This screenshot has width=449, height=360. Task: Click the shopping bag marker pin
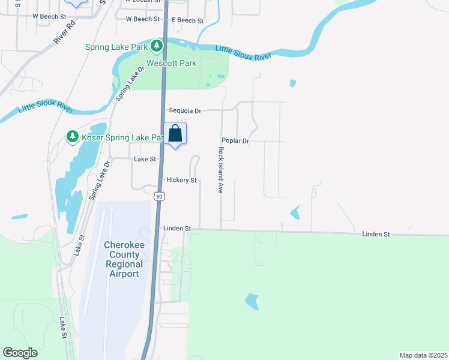(x=175, y=134)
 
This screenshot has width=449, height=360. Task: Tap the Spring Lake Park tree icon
(x=156, y=45)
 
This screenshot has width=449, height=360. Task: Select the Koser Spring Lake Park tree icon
(x=72, y=137)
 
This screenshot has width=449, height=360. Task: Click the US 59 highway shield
(x=158, y=196)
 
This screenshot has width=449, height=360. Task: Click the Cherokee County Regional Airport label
(x=124, y=259)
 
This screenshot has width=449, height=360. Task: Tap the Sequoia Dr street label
(x=184, y=111)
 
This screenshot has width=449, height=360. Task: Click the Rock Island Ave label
(x=221, y=170)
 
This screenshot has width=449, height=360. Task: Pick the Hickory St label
(x=181, y=180)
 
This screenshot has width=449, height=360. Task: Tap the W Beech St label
(x=142, y=19)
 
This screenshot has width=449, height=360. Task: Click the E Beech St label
(x=187, y=20)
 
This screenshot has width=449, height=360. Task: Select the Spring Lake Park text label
(x=116, y=46)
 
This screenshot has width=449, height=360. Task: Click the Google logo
(x=20, y=353)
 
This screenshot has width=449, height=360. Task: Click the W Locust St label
(x=143, y=2)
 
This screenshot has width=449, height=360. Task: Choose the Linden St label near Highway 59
(x=176, y=229)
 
